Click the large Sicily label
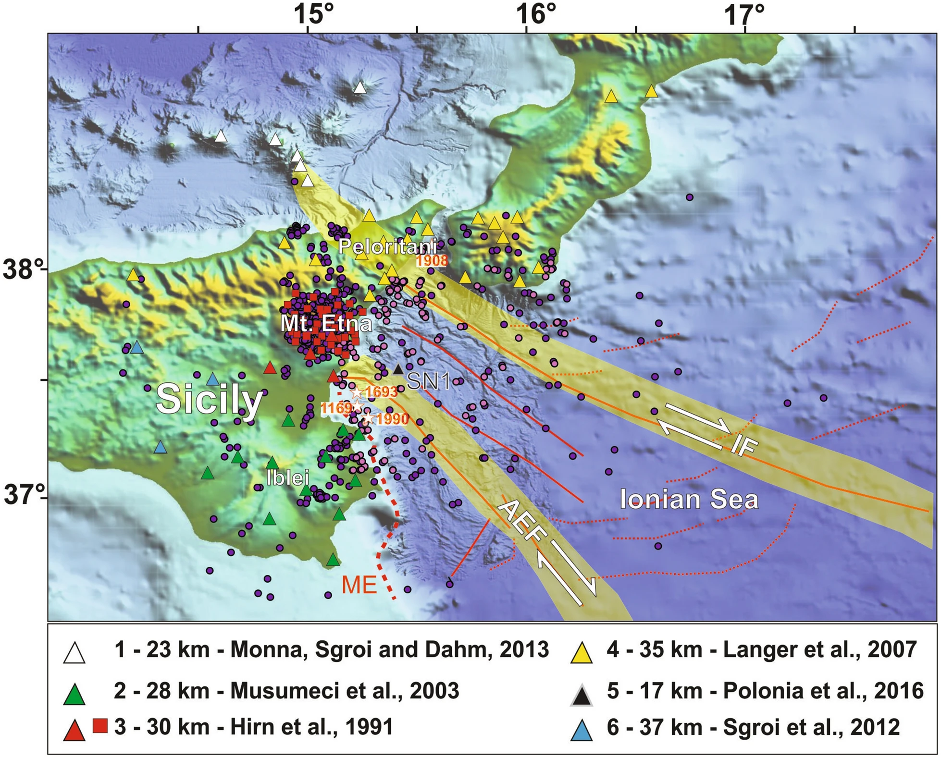click(210, 400)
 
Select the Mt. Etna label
click(326, 323)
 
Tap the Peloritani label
click(387, 246)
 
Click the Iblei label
click(287, 477)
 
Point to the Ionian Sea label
click(689, 499)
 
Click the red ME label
click(359, 585)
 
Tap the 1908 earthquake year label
click(431, 261)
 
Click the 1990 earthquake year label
click(392, 419)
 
